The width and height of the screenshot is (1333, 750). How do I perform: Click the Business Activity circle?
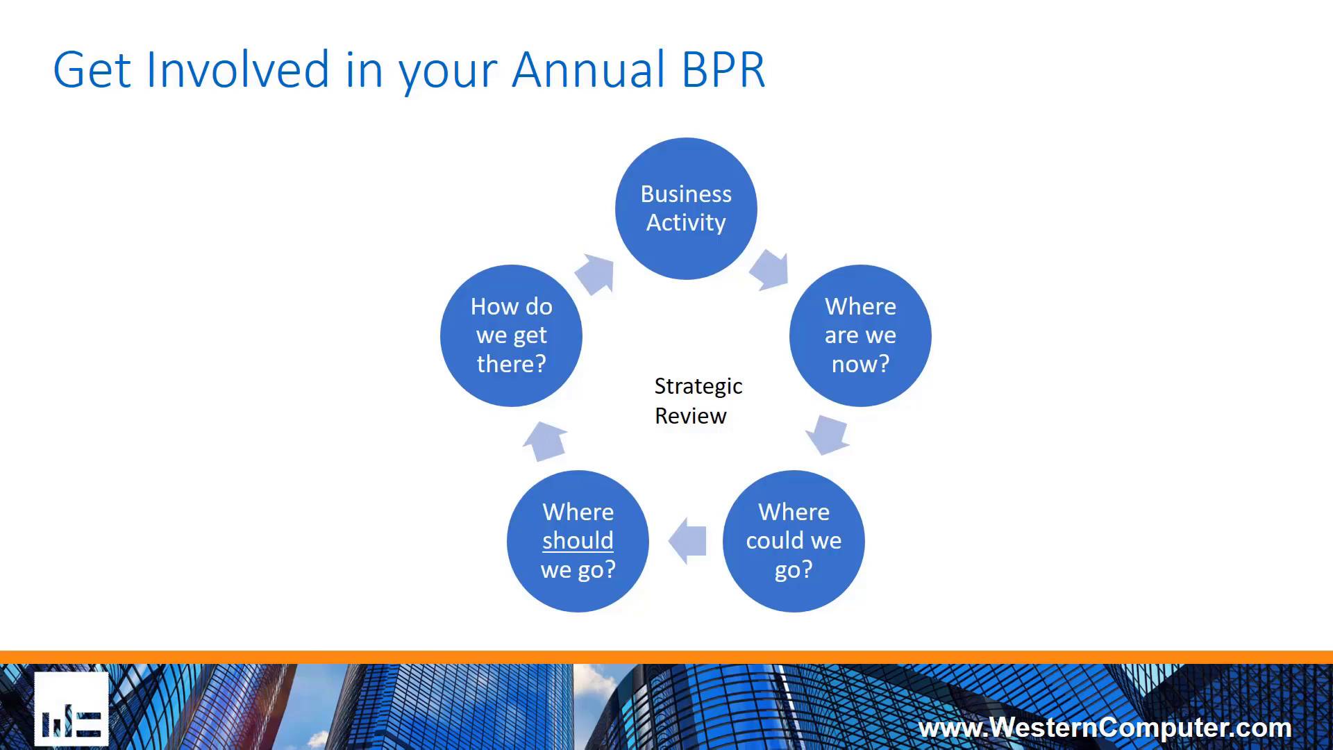coord(686,208)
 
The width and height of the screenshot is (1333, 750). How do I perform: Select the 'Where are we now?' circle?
coord(860,335)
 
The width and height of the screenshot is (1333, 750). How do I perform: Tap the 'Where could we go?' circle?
coord(794,541)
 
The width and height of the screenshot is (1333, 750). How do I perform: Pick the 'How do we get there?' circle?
coord(511,335)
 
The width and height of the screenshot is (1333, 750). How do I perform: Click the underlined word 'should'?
coord(578,540)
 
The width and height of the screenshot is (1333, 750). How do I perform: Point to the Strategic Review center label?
coord(697,401)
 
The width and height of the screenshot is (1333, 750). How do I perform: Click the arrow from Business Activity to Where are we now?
coord(770,269)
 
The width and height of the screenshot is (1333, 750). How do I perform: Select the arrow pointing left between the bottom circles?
coord(688,540)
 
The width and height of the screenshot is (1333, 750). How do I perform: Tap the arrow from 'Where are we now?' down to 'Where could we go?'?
coord(828,434)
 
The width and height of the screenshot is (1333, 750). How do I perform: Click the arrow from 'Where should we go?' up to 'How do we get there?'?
coord(546,440)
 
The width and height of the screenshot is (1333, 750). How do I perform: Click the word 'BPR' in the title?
coord(723,69)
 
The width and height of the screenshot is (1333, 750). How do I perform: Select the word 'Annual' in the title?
coord(589,69)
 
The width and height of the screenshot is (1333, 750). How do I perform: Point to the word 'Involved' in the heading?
coord(237,69)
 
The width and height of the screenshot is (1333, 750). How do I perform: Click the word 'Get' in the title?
coord(92,69)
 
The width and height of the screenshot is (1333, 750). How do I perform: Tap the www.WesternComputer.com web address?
coord(1105,727)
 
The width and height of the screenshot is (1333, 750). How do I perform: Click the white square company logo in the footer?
coord(72,708)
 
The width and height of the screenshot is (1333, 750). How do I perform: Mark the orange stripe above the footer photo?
coord(666,657)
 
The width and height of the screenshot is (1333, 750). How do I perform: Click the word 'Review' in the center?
coord(690,416)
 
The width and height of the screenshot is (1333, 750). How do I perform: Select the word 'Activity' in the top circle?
coord(686,222)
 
